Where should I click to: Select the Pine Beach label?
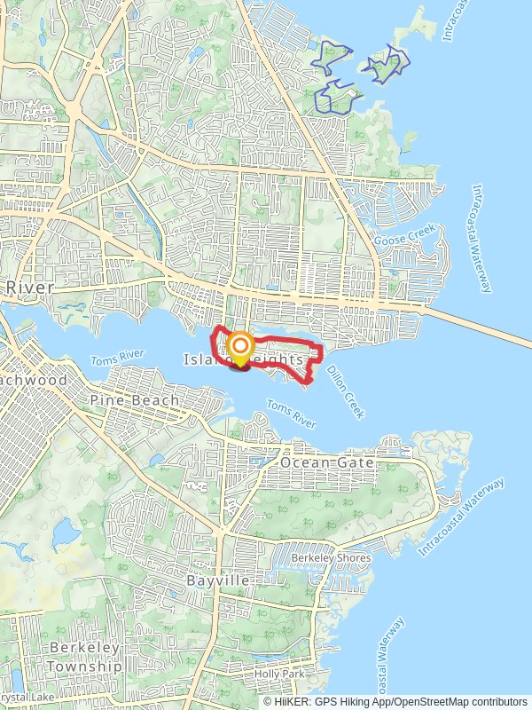(135, 400)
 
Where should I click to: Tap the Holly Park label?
(280, 674)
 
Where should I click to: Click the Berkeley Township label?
(85, 657)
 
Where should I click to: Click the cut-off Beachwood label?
(34, 379)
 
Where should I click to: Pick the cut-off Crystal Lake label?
(18, 698)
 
